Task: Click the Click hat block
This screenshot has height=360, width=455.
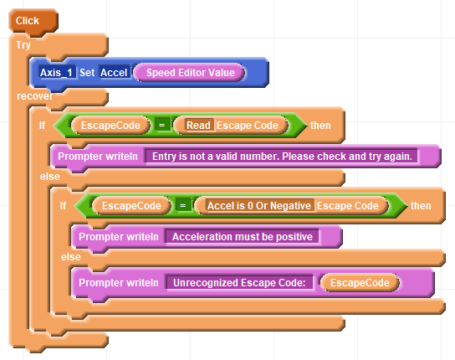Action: click(33, 21)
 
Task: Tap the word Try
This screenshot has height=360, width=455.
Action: click(23, 45)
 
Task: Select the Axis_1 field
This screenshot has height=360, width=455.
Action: click(56, 72)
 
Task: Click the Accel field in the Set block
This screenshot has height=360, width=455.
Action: click(114, 72)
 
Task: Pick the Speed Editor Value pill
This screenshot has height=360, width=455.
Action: click(190, 72)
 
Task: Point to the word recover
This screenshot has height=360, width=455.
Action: click(35, 96)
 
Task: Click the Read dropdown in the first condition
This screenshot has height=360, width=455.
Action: click(198, 126)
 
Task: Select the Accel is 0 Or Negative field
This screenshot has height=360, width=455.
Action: click(258, 206)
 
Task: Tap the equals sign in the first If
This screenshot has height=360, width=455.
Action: click(162, 126)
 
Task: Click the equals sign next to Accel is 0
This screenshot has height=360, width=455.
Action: click(183, 206)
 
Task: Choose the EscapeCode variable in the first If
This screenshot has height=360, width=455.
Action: click(110, 126)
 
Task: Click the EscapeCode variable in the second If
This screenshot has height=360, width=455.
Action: click(131, 206)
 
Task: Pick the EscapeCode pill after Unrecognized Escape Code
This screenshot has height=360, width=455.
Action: click(360, 283)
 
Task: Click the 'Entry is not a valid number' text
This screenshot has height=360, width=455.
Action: click(282, 157)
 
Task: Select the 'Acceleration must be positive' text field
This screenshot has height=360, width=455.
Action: click(243, 237)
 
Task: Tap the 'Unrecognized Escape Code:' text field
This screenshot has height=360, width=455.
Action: click(239, 283)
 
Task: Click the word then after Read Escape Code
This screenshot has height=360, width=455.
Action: click(320, 126)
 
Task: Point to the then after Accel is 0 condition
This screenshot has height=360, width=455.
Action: click(421, 206)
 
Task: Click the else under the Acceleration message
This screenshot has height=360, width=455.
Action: click(71, 257)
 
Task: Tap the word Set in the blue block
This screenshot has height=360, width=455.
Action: click(87, 73)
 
